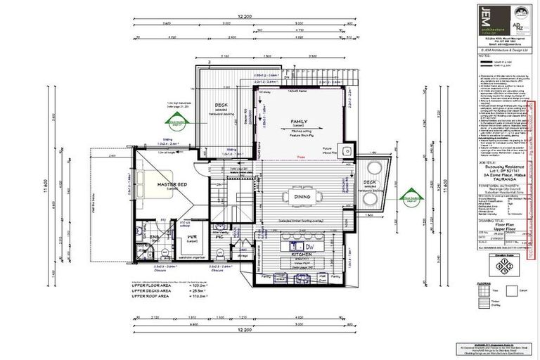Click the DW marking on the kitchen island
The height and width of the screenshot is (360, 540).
(x=308, y=247)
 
